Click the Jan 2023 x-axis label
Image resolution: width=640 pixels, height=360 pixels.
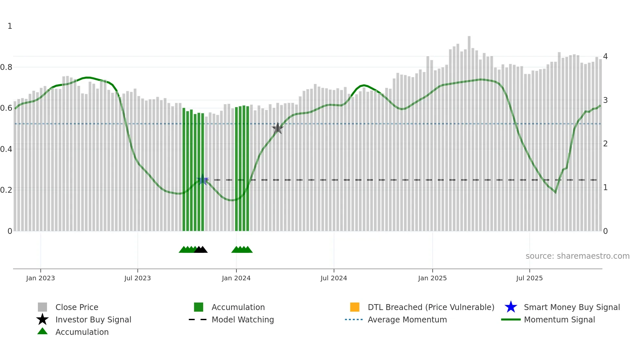coord(40,278)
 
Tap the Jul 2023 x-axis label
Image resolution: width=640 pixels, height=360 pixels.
coord(137,278)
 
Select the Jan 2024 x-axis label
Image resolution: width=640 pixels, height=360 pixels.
coord(236,278)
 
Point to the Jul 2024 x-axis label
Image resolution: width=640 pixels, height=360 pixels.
coord(334,278)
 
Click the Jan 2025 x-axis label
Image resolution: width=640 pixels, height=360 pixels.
coord(432,278)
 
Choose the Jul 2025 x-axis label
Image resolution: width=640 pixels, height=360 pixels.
coord(529,278)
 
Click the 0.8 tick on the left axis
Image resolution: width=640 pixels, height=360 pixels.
coord(6,67)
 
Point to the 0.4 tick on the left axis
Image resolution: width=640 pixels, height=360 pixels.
coord(6,149)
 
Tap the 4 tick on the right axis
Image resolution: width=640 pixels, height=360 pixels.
coord(605,57)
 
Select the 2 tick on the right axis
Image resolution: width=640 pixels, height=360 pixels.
coord(605,144)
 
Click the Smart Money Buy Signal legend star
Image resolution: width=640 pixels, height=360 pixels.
coord(511,307)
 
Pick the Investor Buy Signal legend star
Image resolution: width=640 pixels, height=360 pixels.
coord(42,319)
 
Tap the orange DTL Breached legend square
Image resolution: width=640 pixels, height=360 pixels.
coord(355,307)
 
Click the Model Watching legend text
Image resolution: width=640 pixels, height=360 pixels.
coord(243,319)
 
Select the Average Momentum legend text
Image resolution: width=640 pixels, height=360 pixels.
coord(407,319)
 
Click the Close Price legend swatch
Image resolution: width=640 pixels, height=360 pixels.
coord(42,307)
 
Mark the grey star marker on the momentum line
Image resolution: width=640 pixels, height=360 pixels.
coord(278,128)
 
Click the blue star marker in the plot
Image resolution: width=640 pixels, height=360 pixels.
coord(202,180)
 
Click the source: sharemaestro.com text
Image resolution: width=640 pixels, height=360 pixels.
coord(577,256)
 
